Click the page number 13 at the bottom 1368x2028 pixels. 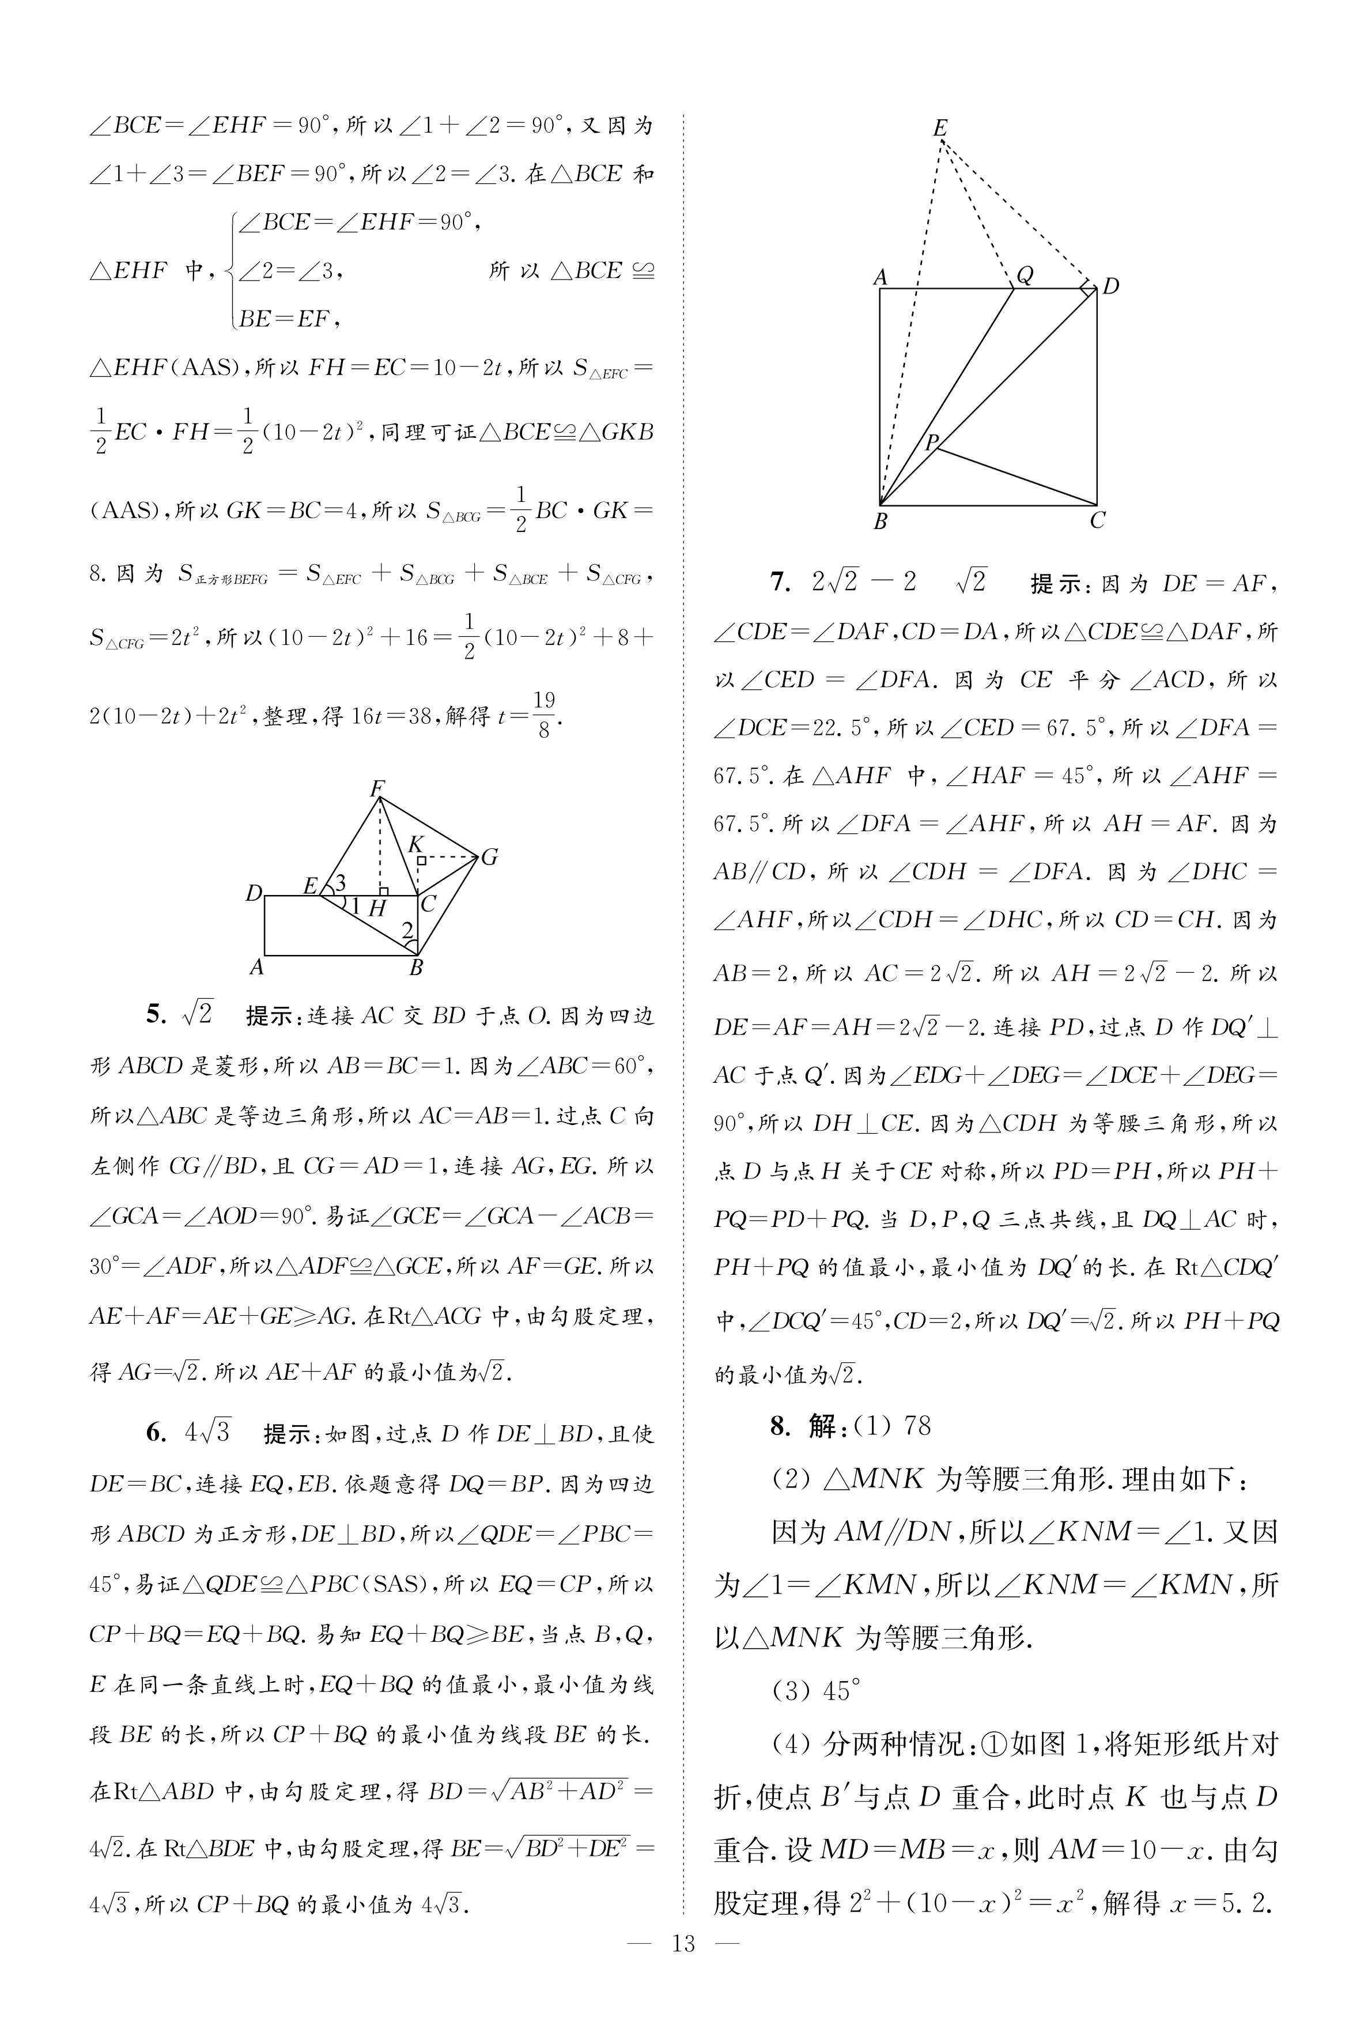click(x=683, y=1968)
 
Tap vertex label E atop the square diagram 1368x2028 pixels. click(x=940, y=128)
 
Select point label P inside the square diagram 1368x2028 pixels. click(x=931, y=442)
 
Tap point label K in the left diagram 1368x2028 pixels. click(x=415, y=844)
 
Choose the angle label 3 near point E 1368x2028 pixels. click(x=340, y=883)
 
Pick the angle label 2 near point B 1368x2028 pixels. click(x=407, y=931)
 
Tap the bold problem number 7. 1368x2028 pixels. click(x=779, y=582)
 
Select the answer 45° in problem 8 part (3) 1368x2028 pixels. click(x=841, y=1691)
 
